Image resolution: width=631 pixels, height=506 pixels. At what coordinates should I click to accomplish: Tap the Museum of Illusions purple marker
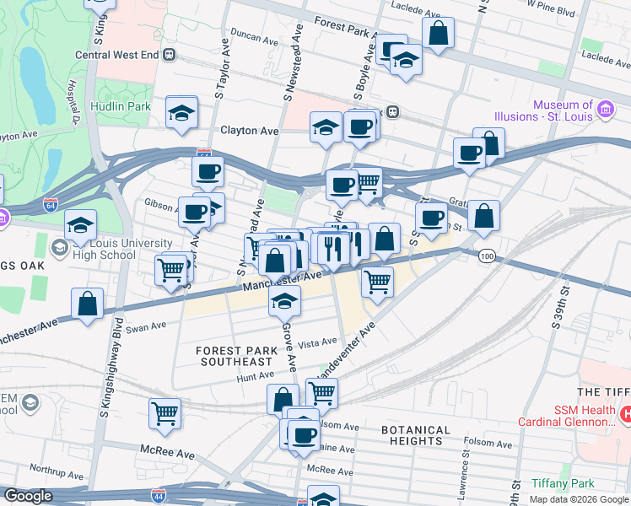click(x=605, y=108)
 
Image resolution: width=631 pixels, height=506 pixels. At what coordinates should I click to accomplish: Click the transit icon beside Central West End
click(x=170, y=56)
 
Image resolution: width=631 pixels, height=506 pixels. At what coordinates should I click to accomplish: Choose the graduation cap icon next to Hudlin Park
click(x=181, y=115)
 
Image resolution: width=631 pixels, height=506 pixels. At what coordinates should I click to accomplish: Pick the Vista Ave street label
click(x=318, y=343)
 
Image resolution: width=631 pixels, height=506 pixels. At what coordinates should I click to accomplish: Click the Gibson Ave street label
click(x=159, y=203)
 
